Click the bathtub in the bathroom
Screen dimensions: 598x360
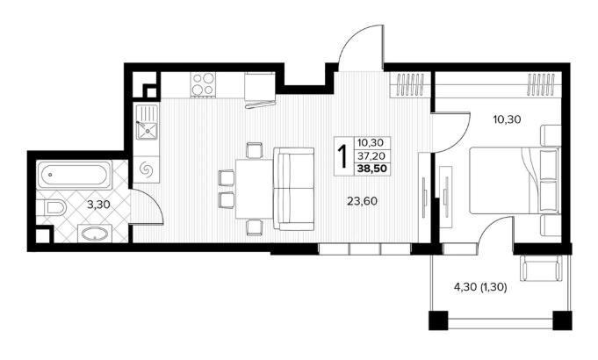point(75,176)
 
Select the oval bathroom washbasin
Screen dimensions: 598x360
point(94,233)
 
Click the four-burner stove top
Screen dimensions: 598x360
point(203,84)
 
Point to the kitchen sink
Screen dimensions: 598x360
point(146,122)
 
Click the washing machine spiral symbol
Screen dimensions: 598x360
point(146,169)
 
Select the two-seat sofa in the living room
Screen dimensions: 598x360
point(293,189)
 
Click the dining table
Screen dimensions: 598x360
point(255,189)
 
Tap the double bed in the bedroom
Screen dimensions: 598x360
point(515,180)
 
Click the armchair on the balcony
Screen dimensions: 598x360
point(542,268)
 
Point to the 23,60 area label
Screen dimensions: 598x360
point(362,201)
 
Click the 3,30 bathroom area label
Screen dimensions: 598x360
point(98,205)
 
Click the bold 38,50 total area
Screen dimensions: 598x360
point(370,169)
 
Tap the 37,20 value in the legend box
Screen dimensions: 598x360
point(370,155)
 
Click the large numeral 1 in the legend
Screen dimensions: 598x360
point(343,156)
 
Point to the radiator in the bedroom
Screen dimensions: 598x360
point(541,84)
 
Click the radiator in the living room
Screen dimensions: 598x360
point(410,84)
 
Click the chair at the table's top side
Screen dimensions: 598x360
point(255,150)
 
